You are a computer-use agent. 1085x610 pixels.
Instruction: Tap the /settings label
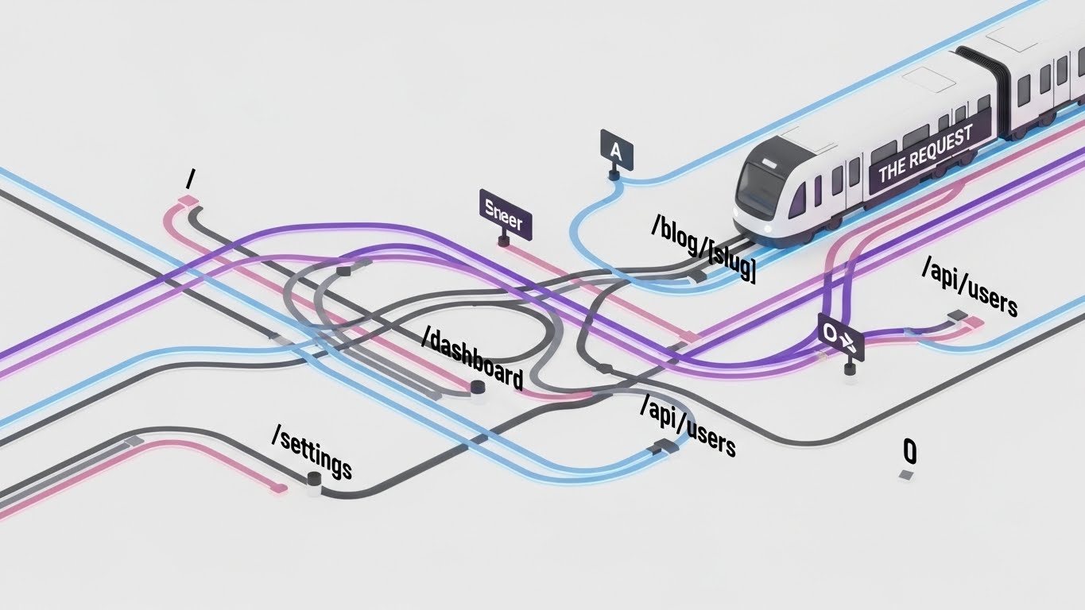pos(312,453)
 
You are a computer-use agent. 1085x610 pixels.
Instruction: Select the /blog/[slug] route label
pos(703,249)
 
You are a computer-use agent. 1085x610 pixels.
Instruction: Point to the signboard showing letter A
pos(616,150)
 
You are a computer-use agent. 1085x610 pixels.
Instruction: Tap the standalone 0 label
pos(910,451)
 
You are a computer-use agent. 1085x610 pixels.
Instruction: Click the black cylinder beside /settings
pos(313,480)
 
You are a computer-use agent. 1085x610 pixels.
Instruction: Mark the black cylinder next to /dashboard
pos(477,388)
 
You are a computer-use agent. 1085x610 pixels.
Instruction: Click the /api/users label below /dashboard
pos(688,426)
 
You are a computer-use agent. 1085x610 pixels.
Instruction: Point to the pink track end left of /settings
pos(277,488)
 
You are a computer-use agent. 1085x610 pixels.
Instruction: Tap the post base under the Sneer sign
pos(503,241)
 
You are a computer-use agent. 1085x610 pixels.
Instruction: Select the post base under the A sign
pos(614,175)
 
